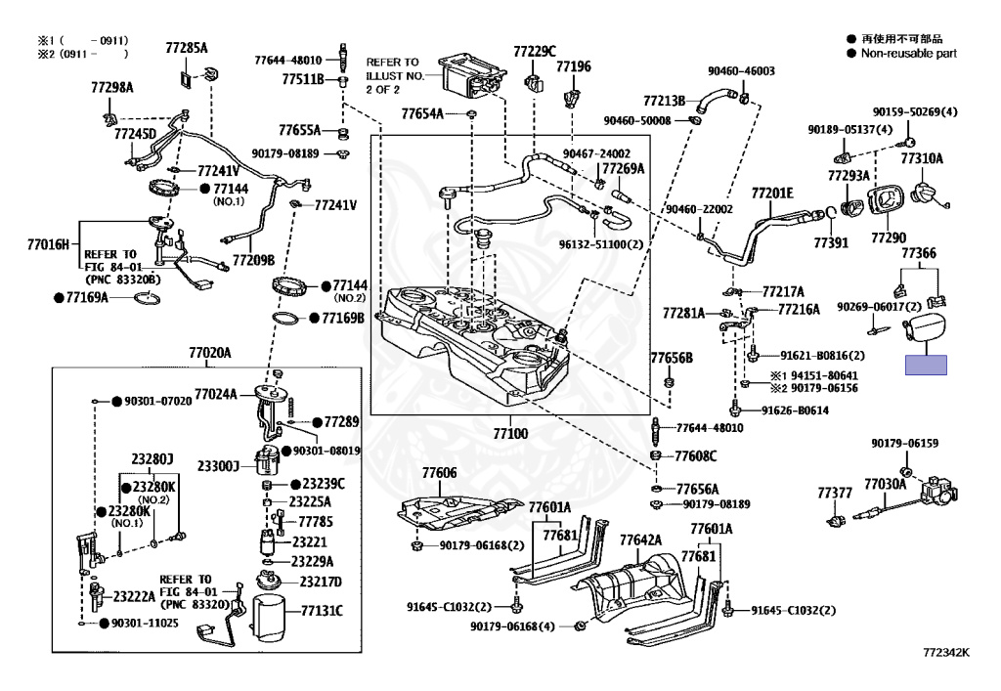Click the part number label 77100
click(510, 434)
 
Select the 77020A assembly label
click(209, 352)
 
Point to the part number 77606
click(439, 473)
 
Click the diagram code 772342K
click(946, 652)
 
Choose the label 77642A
click(640, 540)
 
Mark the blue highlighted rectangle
click(926, 365)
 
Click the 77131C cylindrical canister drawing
click(273, 617)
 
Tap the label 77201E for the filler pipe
click(772, 194)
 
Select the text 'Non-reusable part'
click(909, 54)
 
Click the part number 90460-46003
click(741, 70)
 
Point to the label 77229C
click(535, 51)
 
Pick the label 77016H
click(48, 243)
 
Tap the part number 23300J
click(218, 466)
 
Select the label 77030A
click(886, 484)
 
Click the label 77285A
click(187, 48)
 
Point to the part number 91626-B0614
click(795, 410)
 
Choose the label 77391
click(831, 242)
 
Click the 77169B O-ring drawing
click(288, 318)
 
